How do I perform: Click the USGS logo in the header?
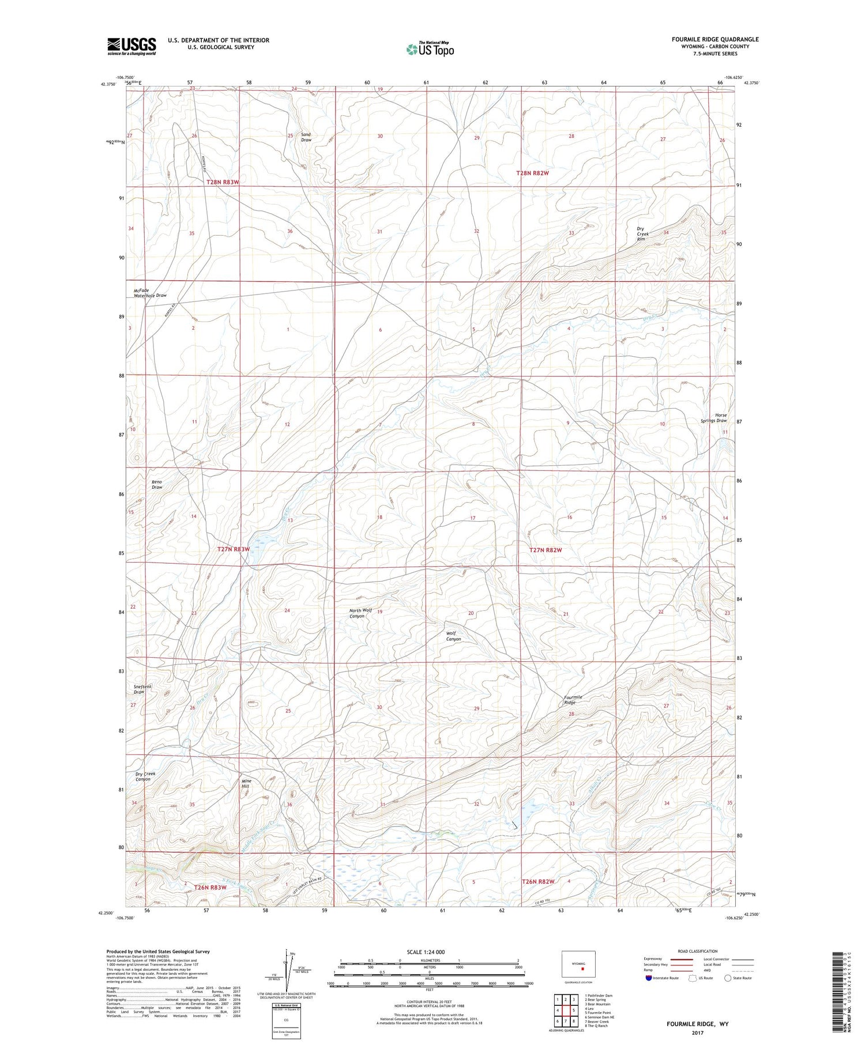pyautogui.click(x=131, y=46)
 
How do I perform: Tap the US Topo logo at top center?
pyautogui.click(x=430, y=49)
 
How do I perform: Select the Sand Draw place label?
pyautogui.click(x=306, y=137)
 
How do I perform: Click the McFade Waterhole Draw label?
pyautogui.click(x=150, y=293)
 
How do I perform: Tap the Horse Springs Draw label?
pyautogui.click(x=714, y=417)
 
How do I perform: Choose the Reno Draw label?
pyautogui.click(x=157, y=484)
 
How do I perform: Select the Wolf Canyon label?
pyautogui.click(x=453, y=636)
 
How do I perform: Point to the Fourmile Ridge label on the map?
pyautogui.click(x=573, y=700)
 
